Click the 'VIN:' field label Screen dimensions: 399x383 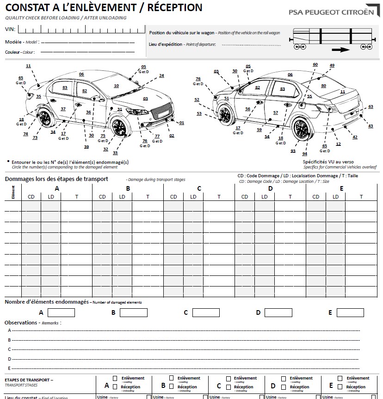pyautogui.click(x=10, y=29)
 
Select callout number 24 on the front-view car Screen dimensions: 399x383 pyautogui.click(x=161, y=75)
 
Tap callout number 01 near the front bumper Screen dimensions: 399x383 pyautogui.click(x=181, y=123)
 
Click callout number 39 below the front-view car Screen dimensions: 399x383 pyautogui.click(x=86, y=147)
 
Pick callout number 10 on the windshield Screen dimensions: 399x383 pyautogui.click(x=116, y=86)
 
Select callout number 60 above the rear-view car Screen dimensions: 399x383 pyautogui.click(x=315, y=64)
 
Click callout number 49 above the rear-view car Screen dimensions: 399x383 pyautogui.click(x=332, y=65)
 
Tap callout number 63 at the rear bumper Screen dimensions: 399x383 pyautogui.click(x=371, y=106)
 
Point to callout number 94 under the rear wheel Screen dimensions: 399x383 pyautogui.click(x=305, y=153)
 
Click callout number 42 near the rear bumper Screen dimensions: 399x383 pyautogui.click(x=355, y=137)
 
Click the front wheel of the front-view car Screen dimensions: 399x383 pyautogui.click(x=119, y=127)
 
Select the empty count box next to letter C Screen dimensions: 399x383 pyautogui.click(x=206, y=312)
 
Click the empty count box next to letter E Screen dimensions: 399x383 pyautogui.click(x=350, y=312)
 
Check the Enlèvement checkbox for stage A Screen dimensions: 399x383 pyautogui.click(x=115, y=378)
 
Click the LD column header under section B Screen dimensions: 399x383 pyautogui.click(x=122, y=197)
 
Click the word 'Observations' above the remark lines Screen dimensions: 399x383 pyautogui.click(x=21, y=322)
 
